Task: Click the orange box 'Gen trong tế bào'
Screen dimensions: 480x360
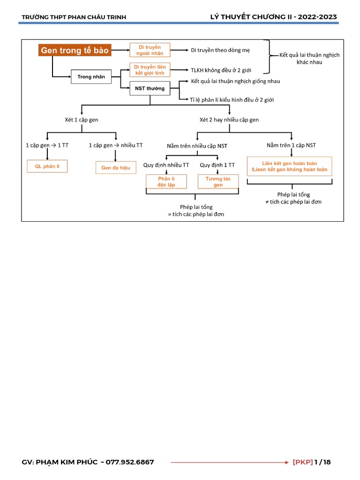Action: [x=75, y=50]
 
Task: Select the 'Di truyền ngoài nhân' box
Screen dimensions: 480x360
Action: [x=150, y=50]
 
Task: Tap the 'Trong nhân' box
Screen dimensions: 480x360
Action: [x=91, y=77]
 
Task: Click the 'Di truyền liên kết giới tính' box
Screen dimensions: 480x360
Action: [x=150, y=70]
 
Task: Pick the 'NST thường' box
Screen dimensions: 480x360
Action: [x=150, y=88]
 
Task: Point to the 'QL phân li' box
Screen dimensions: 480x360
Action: [x=47, y=166]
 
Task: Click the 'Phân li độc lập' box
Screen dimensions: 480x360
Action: [x=166, y=182]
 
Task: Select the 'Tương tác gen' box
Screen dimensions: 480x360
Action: [x=218, y=182]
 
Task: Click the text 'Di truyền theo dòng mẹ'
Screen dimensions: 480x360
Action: [x=220, y=50]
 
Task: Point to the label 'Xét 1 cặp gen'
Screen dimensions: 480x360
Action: [x=82, y=120]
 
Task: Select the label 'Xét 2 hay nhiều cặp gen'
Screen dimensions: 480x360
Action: [x=229, y=120]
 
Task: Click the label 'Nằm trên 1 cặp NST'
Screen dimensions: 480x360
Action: [x=291, y=145]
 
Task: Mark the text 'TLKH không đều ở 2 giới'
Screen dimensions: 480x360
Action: [x=221, y=70]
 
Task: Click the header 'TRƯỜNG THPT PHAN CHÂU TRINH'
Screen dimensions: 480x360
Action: [x=74, y=17]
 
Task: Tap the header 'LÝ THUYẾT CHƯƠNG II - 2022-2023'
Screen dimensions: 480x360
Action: [x=274, y=17]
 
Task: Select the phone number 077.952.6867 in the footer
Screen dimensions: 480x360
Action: [x=130, y=462]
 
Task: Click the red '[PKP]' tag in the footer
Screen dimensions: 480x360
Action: [x=302, y=462]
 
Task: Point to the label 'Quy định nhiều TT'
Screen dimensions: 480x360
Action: [x=166, y=165]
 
